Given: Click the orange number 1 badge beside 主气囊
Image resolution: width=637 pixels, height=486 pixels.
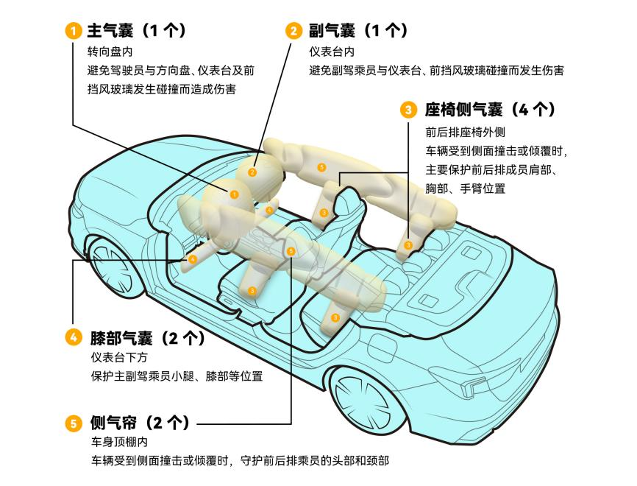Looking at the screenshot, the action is [74, 31].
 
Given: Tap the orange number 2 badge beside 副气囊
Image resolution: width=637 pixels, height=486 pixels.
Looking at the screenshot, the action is [293, 31].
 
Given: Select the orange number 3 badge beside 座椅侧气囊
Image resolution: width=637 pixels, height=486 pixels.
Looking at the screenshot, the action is [408, 110].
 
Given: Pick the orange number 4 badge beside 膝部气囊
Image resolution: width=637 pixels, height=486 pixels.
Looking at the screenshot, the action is [74, 337].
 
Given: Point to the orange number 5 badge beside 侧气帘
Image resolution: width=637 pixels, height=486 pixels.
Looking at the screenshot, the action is [74, 423].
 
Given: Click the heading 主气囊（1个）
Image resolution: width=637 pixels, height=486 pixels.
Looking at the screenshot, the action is [137, 30].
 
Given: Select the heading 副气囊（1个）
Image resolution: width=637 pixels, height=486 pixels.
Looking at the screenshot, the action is [358, 30].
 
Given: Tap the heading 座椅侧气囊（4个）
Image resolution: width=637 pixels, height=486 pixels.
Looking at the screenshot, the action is [490, 110].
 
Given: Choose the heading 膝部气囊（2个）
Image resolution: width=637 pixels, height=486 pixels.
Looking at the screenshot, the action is [147, 337].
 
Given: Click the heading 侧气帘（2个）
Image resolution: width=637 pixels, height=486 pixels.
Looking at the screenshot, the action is [140, 423].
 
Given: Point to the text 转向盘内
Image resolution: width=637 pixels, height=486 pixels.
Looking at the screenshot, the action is [110, 52].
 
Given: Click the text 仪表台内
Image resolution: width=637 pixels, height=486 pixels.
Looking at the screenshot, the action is [332, 52].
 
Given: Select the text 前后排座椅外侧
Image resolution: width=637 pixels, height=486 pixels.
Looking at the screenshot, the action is [465, 132].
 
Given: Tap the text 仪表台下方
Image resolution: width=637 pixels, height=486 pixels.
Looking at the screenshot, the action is [119, 357].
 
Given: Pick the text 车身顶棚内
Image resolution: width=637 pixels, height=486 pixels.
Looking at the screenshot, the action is [119, 442].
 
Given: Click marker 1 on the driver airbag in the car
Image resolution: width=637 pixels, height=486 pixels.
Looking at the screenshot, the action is [234, 195].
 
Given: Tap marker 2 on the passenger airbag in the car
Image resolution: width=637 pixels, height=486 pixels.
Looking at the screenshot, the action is [252, 172].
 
